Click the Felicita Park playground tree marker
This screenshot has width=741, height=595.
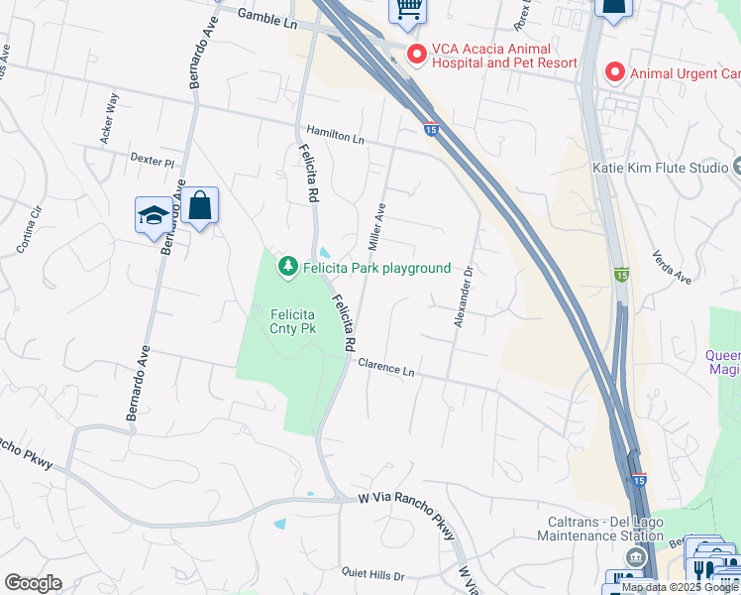pos(287,266)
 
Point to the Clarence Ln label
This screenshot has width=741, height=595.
pos(385,368)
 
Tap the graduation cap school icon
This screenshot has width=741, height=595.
pos(154,215)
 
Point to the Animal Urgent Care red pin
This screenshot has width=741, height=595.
pos(614,71)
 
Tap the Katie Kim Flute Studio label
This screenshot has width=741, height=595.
pos(660,168)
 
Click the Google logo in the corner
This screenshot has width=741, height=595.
pos(33,582)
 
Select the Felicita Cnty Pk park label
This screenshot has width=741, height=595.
pos(293,320)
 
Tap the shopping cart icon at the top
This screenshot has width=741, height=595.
pos(406,9)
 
